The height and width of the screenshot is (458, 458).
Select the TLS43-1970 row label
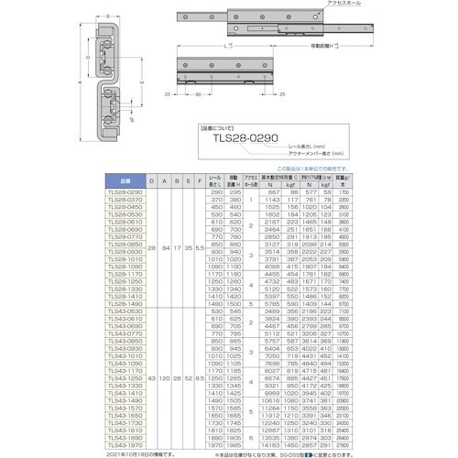click(x=125, y=445)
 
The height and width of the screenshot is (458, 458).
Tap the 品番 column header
click(x=125, y=180)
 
